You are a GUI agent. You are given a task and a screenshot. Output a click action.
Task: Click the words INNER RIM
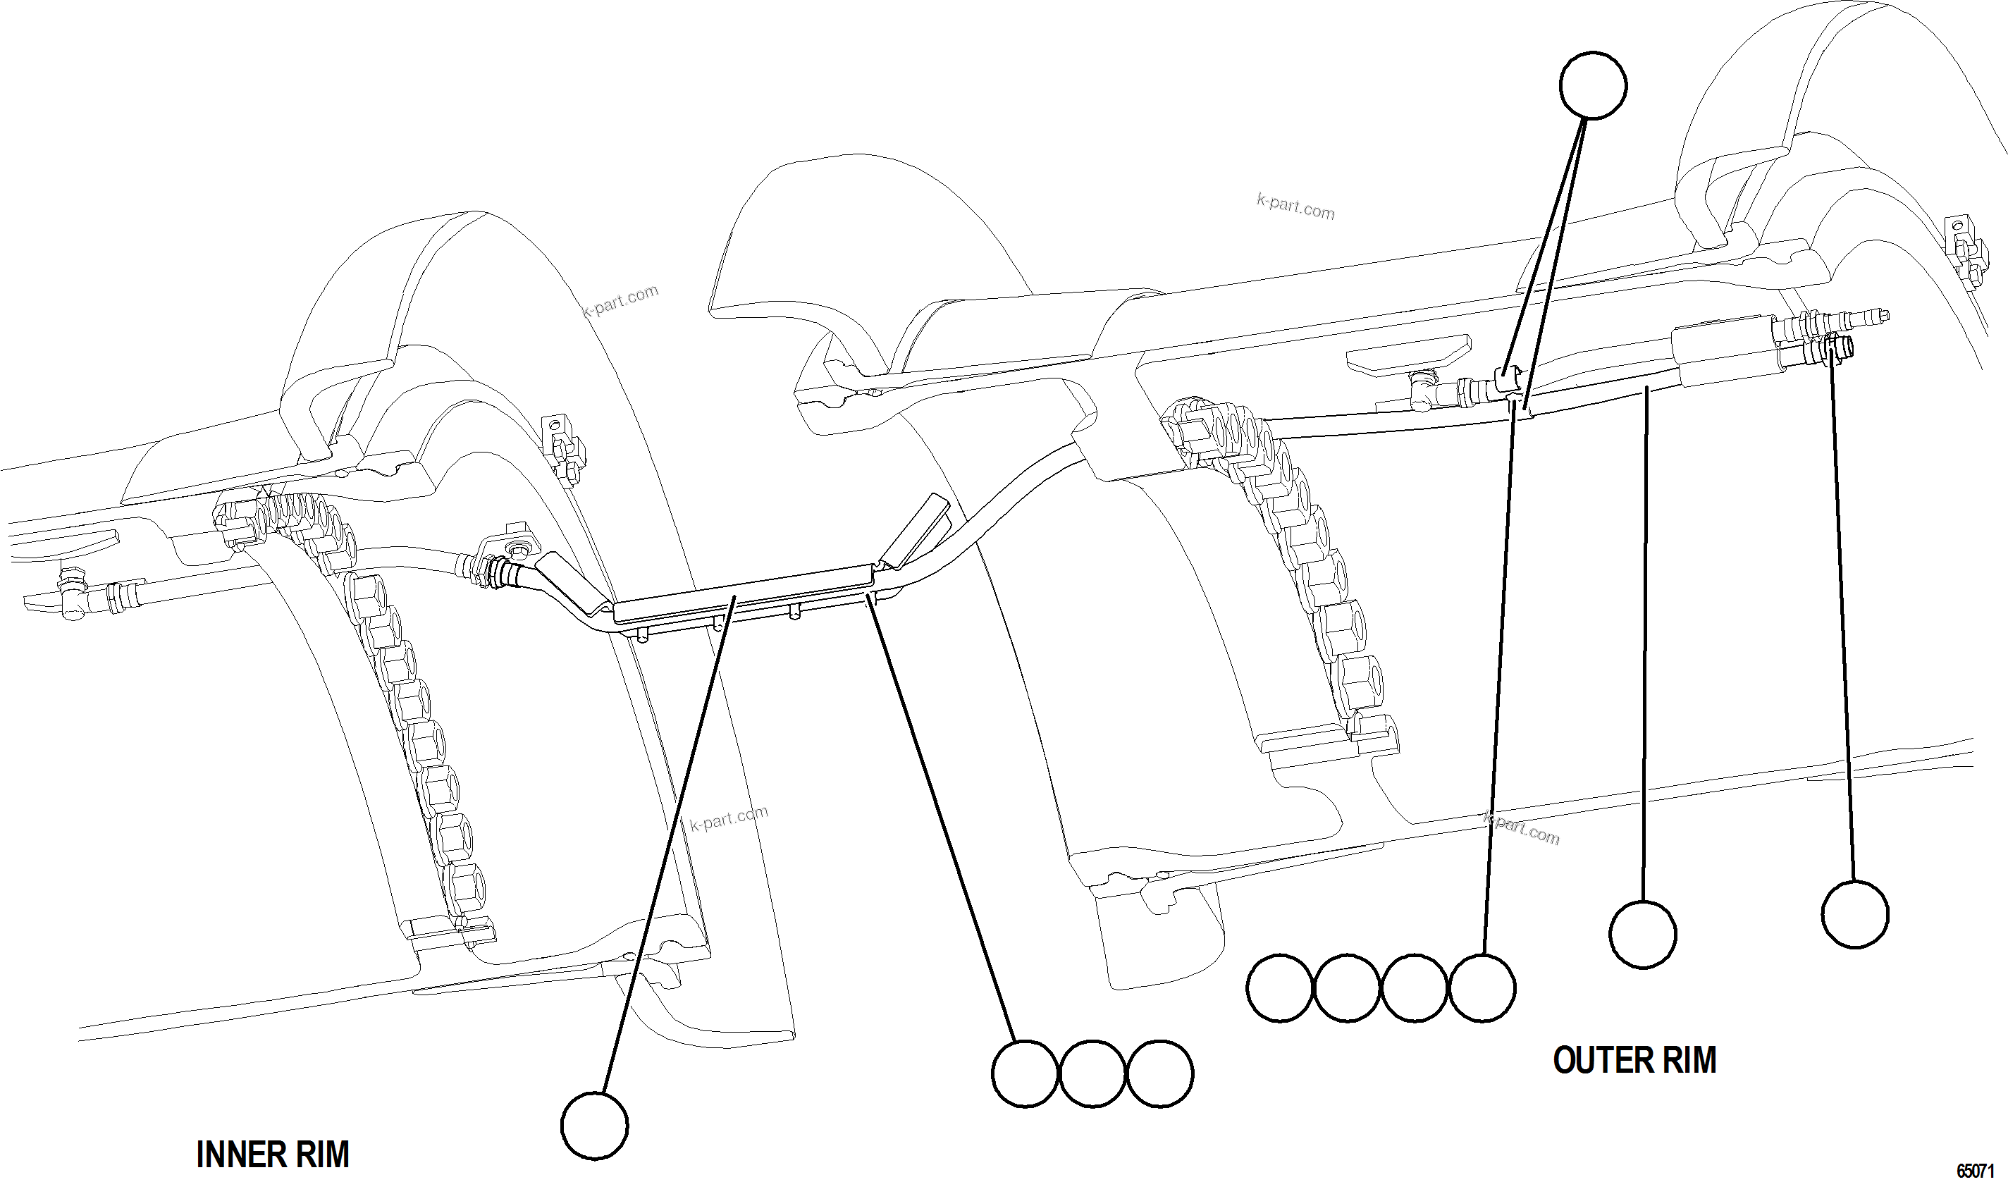pos(273,1154)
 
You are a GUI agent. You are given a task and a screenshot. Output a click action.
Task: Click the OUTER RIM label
pos(1634,1060)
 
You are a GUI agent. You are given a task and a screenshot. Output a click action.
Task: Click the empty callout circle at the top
pos(1592,85)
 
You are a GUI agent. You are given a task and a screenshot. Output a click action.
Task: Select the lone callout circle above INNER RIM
pos(594,1125)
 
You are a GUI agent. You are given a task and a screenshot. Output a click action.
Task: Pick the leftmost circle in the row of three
pos(1025,1073)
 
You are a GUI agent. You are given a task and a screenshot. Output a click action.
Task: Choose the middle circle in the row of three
pos(1092,1073)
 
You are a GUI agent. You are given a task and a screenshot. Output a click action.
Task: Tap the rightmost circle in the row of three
pos(1160,1073)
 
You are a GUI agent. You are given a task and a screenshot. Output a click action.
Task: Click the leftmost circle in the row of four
pos(1280,987)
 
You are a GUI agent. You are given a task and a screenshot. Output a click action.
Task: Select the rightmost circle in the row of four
pos(1482,987)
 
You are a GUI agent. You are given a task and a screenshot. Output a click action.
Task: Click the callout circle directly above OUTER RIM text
pos(1642,934)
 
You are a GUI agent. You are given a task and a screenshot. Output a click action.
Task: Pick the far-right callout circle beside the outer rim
pos(1855,913)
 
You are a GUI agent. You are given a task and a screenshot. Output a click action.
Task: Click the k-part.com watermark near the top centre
pos(1295,207)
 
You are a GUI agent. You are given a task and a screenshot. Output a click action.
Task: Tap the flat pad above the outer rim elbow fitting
pos(1406,352)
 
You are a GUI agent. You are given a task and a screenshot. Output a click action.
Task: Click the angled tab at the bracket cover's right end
pos(916,529)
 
